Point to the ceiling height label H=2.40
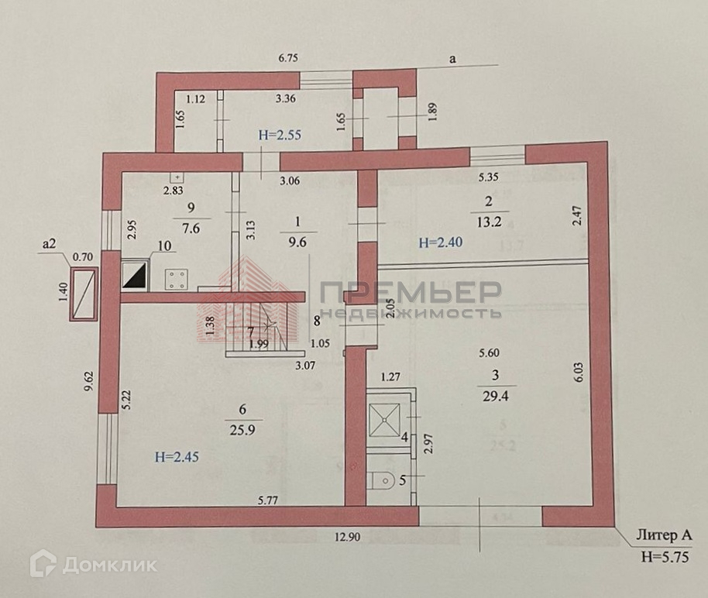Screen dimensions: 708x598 (442, 242)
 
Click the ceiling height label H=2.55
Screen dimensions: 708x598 (279, 135)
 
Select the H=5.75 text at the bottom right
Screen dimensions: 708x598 (662, 555)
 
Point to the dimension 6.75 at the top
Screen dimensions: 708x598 (288, 57)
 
